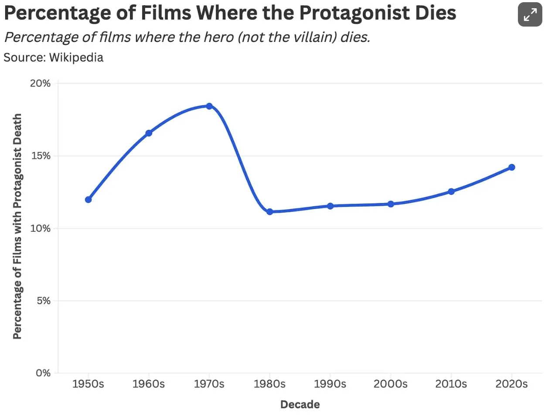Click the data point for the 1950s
click(88, 200)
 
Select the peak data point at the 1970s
click(209, 106)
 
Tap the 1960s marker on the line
click(149, 133)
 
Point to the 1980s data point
click(270, 212)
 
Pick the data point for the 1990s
click(330, 206)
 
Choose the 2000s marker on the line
click(391, 204)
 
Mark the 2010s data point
click(451, 191)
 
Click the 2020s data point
click(512, 167)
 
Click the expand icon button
click(530, 14)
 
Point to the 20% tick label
click(40, 83)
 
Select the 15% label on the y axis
click(41, 156)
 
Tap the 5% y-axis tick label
click(43, 301)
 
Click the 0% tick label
click(43, 373)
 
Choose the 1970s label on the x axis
click(209, 384)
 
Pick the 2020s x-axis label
click(512, 384)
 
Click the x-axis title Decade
click(300, 404)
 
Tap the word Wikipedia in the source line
click(76, 58)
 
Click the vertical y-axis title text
click(17, 227)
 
